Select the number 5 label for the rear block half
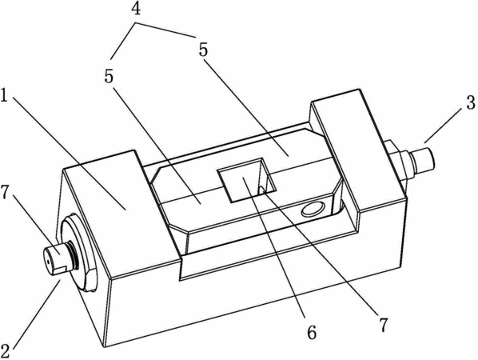203,50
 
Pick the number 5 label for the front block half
109,77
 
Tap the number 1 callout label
4,95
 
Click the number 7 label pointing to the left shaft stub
5,193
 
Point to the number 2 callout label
6,351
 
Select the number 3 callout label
471,102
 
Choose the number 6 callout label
312,333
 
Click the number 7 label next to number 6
383,326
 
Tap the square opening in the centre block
247,180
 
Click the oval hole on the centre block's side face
313,210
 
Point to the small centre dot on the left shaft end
48,261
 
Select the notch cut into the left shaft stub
61,270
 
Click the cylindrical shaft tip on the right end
423,159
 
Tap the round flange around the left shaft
78,254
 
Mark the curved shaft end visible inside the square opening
261,190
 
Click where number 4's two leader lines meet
136,22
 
